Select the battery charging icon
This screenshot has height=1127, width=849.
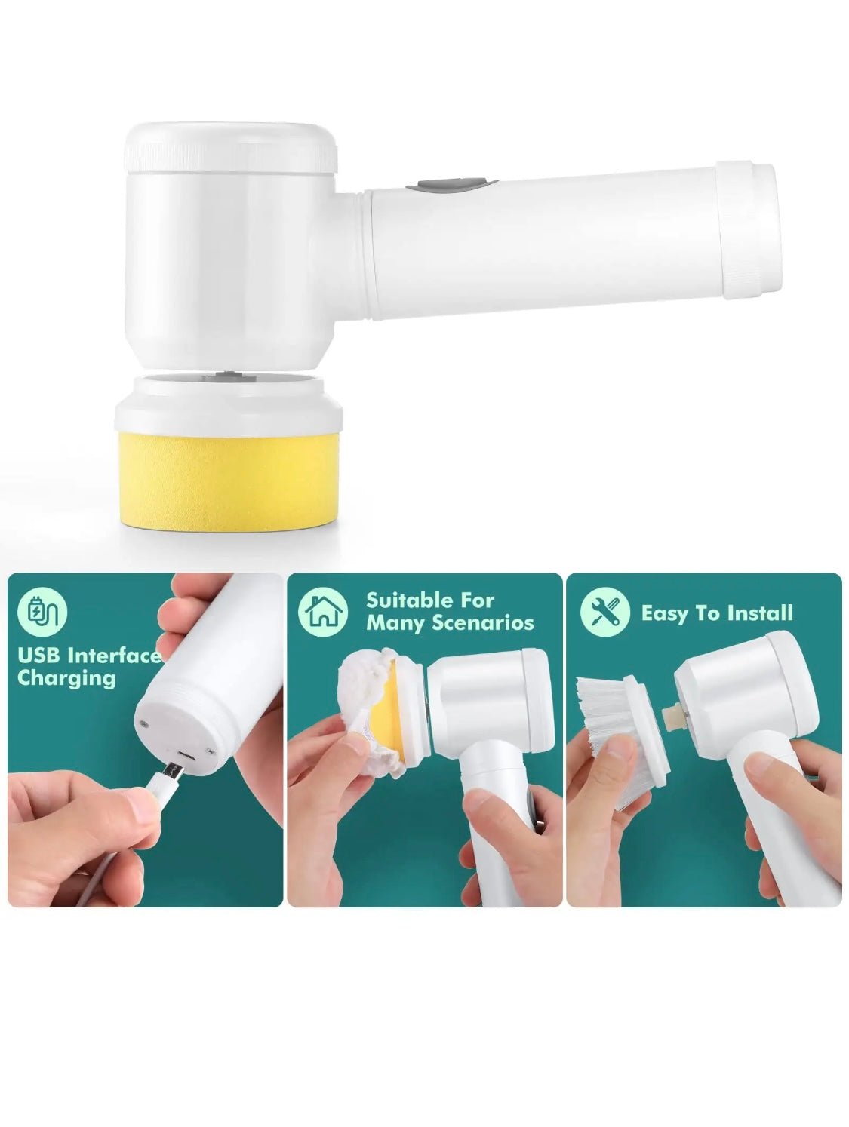click(x=42, y=612)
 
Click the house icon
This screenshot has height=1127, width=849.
click(x=323, y=612)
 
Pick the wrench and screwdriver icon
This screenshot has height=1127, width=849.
click(x=604, y=612)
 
